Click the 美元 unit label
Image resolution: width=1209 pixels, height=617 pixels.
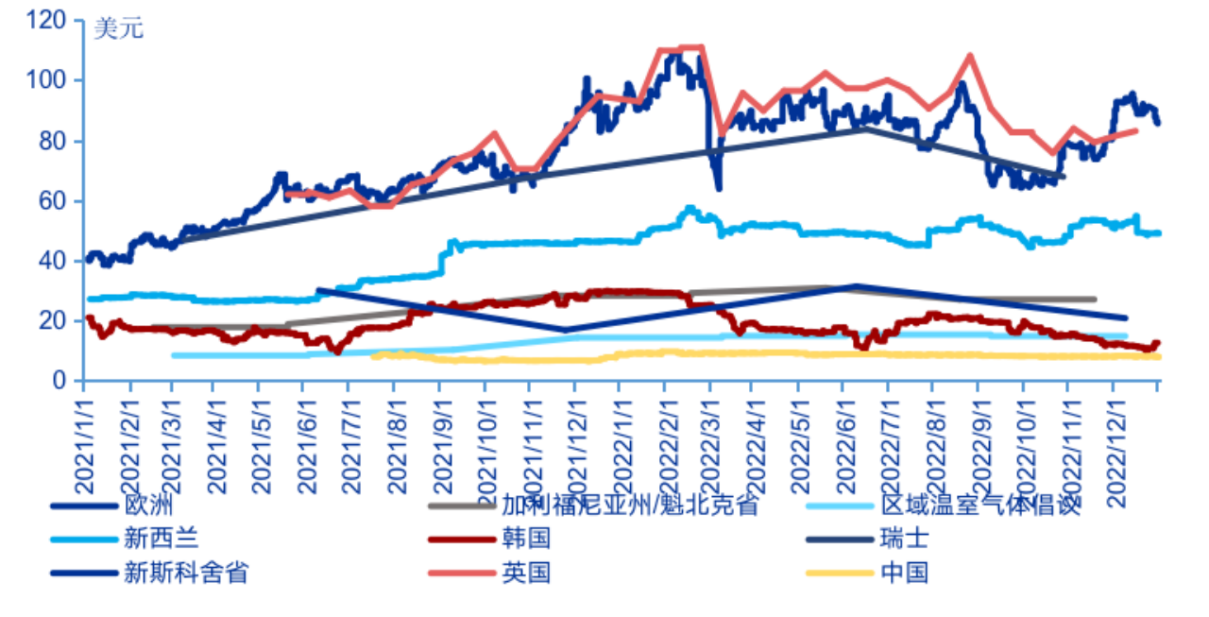118,28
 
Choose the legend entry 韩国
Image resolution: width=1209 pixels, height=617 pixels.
526,539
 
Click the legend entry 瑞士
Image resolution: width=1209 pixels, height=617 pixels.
904,539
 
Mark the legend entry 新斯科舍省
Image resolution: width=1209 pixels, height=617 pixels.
185,573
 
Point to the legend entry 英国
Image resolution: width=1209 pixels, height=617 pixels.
526,573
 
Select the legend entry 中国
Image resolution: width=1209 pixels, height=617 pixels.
904,573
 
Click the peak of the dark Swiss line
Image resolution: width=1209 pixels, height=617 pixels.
865,129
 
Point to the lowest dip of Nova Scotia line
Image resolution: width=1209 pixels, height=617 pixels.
564,331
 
